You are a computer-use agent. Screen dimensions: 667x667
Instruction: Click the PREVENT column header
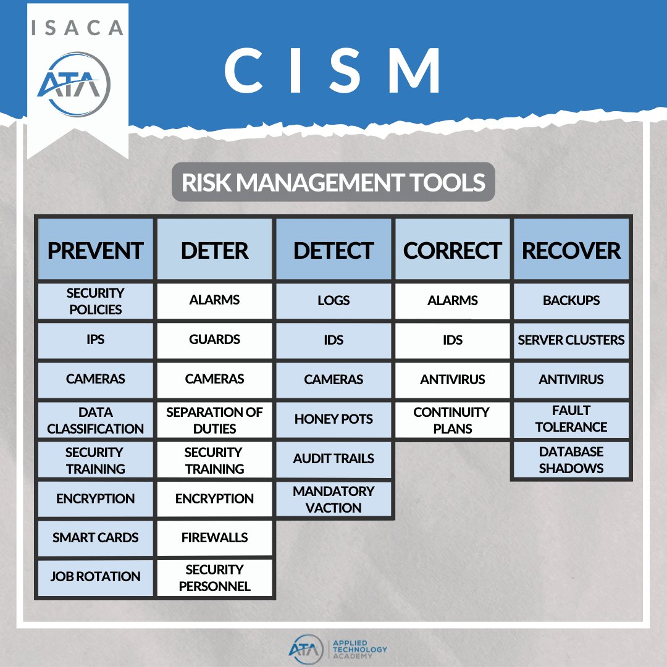[x=95, y=250]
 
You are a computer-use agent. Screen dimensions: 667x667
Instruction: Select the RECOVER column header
[x=571, y=250]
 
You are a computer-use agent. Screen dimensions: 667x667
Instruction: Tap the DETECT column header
[x=333, y=250]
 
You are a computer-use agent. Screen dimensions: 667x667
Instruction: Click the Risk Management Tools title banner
[x=333, y=182]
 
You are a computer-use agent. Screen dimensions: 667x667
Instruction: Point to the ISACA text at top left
[x=77, y=28]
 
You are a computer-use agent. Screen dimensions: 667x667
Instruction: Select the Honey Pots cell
[x=333, y=419]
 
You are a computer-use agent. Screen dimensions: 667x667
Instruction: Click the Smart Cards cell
[x=95, y=537]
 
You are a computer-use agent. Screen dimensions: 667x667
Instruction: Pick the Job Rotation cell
[x=95, y=577]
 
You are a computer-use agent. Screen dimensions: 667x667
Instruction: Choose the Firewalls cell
[x=214, y=537]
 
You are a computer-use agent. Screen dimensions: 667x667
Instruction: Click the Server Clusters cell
[x=571, y=340]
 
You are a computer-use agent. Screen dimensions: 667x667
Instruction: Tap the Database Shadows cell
[x=571, y=459]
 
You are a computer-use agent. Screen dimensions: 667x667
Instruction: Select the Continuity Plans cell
[x=453, y=420]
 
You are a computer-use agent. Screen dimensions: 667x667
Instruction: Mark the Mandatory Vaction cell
[x=333, y=499]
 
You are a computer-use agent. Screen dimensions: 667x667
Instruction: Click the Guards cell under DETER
[x=214, y=340]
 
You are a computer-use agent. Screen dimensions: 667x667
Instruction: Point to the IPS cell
[x=95, y=340]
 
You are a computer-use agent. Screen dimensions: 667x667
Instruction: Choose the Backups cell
[x=571, y=301]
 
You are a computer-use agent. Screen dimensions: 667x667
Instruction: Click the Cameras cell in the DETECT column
[x=333, y=379]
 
